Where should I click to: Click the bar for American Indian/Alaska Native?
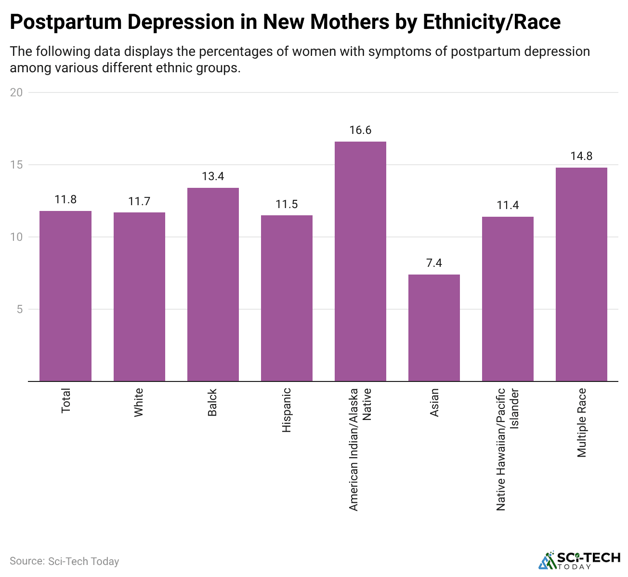pos(360,261)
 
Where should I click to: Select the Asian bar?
pos(434,328)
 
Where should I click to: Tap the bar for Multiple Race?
pos(581,274)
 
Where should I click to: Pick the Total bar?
pos(65,296)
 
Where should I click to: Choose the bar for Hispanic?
pos(287,298)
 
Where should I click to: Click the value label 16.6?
pos(360,130)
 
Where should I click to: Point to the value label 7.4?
pos(434,263)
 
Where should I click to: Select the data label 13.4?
pos(213,176)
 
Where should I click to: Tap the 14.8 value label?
pos(581,156)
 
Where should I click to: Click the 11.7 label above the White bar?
pos(139,201)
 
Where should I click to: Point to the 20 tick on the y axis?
pos(16,92)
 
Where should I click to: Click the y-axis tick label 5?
pos(20,309)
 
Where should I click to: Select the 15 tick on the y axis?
pos(16,165)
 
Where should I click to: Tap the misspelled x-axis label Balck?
pos(212,403)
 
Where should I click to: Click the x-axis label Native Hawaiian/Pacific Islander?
pos(508,449)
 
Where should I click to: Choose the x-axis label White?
pos(139,403)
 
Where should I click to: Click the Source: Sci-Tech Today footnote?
pos(64,561)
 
